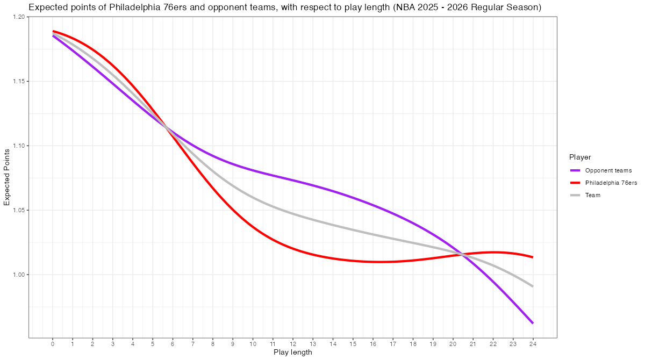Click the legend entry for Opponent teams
click(x=608, y=170)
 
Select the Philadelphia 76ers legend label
click(x=611, y=183)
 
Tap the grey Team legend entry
click(x=593, y=195)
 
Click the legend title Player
click(x=580, y=157)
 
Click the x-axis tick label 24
click(x=533, y=344)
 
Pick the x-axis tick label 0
click(x=53, y=344)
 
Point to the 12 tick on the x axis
click(x=292, y=344)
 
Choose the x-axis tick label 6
click(x=173, y=344)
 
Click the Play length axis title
click(x=292, y=352)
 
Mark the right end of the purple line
click(x=533, y=323)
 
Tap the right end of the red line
click(x=533, y=257)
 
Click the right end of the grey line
click(x=533, y=286)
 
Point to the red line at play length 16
click(x=372, y=262)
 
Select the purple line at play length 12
click(x=292, y=179)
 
